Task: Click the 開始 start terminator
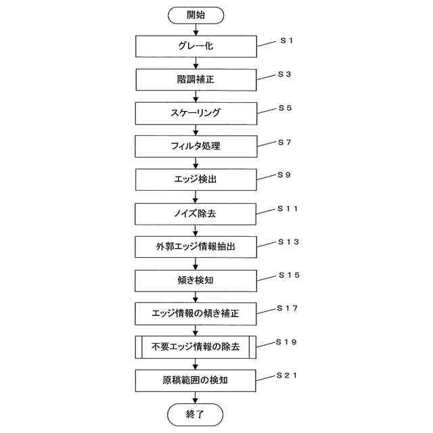(196, 14)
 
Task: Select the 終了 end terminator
(196, 413)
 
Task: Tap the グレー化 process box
(196, 47)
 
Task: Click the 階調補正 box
(196, 80)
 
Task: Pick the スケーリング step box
(196, 113)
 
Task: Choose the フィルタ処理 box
(196, 146)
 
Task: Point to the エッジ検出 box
(196, 180)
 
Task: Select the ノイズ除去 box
(196, 214)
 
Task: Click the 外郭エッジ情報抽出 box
(196, 247)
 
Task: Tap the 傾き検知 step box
(196, 280)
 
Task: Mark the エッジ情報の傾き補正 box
(196, 314)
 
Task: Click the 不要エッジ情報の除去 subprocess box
(196, 347)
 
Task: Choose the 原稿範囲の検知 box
(196, 380)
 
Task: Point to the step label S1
(286, 41)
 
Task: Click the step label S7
(284, 142)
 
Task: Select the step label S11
(288, 209)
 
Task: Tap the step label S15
(288, 275)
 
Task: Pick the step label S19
(288, 342)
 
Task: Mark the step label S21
(288, 375)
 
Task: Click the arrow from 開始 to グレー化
(196, 29)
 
